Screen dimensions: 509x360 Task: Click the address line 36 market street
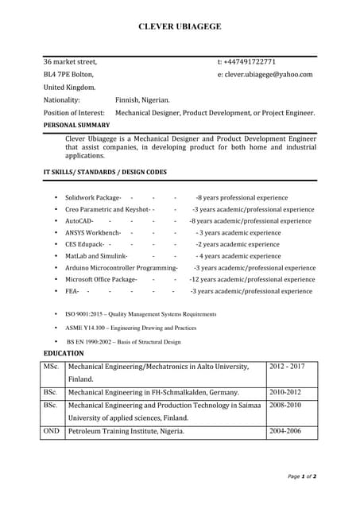70,62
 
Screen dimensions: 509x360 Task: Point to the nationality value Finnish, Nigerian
142,100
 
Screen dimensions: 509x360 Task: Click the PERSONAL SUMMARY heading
76,125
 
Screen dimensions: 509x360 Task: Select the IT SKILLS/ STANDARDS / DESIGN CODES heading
105,172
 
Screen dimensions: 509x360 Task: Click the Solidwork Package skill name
92,197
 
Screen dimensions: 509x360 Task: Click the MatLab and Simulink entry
96,256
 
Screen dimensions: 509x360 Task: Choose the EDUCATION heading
64,352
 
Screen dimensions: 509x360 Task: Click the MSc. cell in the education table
52,367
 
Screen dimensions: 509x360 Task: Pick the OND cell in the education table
52,431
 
